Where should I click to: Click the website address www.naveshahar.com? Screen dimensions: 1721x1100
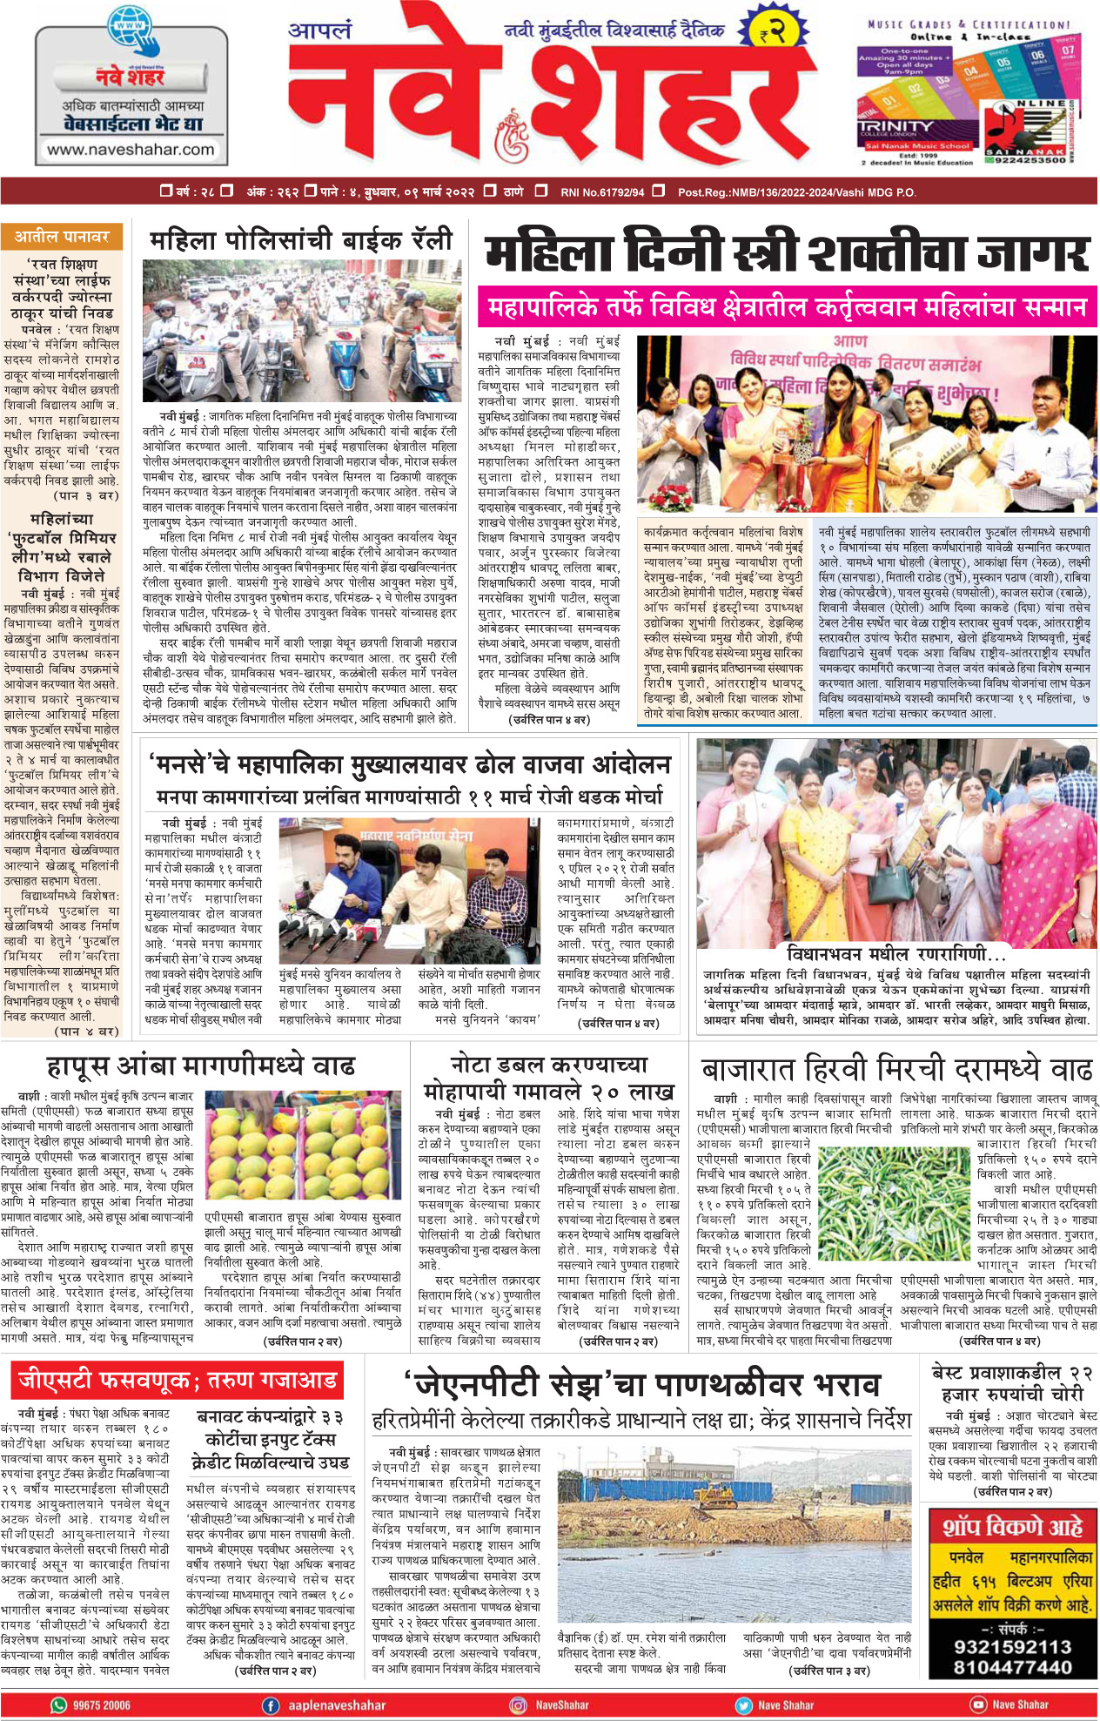click(x=130, y=150)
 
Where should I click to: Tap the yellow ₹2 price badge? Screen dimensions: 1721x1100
click(x=771, y=32)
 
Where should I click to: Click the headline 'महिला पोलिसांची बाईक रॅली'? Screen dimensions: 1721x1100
click(x=301, y=239)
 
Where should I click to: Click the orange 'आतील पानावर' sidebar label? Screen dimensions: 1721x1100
click(x=62, y=237)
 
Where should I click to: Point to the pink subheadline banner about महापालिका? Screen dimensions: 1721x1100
click(x=787, y=307)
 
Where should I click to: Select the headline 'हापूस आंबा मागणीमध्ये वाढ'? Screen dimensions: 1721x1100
click(x=201, y=1066)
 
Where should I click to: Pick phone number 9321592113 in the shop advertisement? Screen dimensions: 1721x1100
click(x=1012, y=1646)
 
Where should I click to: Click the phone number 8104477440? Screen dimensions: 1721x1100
click(x=1012, y=1667)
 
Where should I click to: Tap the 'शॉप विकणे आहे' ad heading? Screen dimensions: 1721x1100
click(x=1012, y=1526)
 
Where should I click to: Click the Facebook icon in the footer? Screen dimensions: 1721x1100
click(x=271, y=1705)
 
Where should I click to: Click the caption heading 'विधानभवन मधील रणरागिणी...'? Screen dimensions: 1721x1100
click(x=895, y=954)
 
